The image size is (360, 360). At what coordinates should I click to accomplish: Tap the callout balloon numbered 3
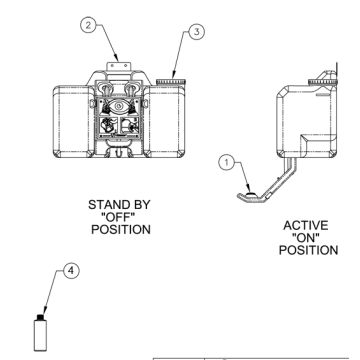click(196, 31)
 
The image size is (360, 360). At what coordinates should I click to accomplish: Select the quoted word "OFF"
click(120, 216)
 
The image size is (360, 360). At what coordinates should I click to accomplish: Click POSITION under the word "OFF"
click(120, 229)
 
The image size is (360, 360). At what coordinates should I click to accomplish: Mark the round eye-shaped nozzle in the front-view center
click(120, 104)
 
